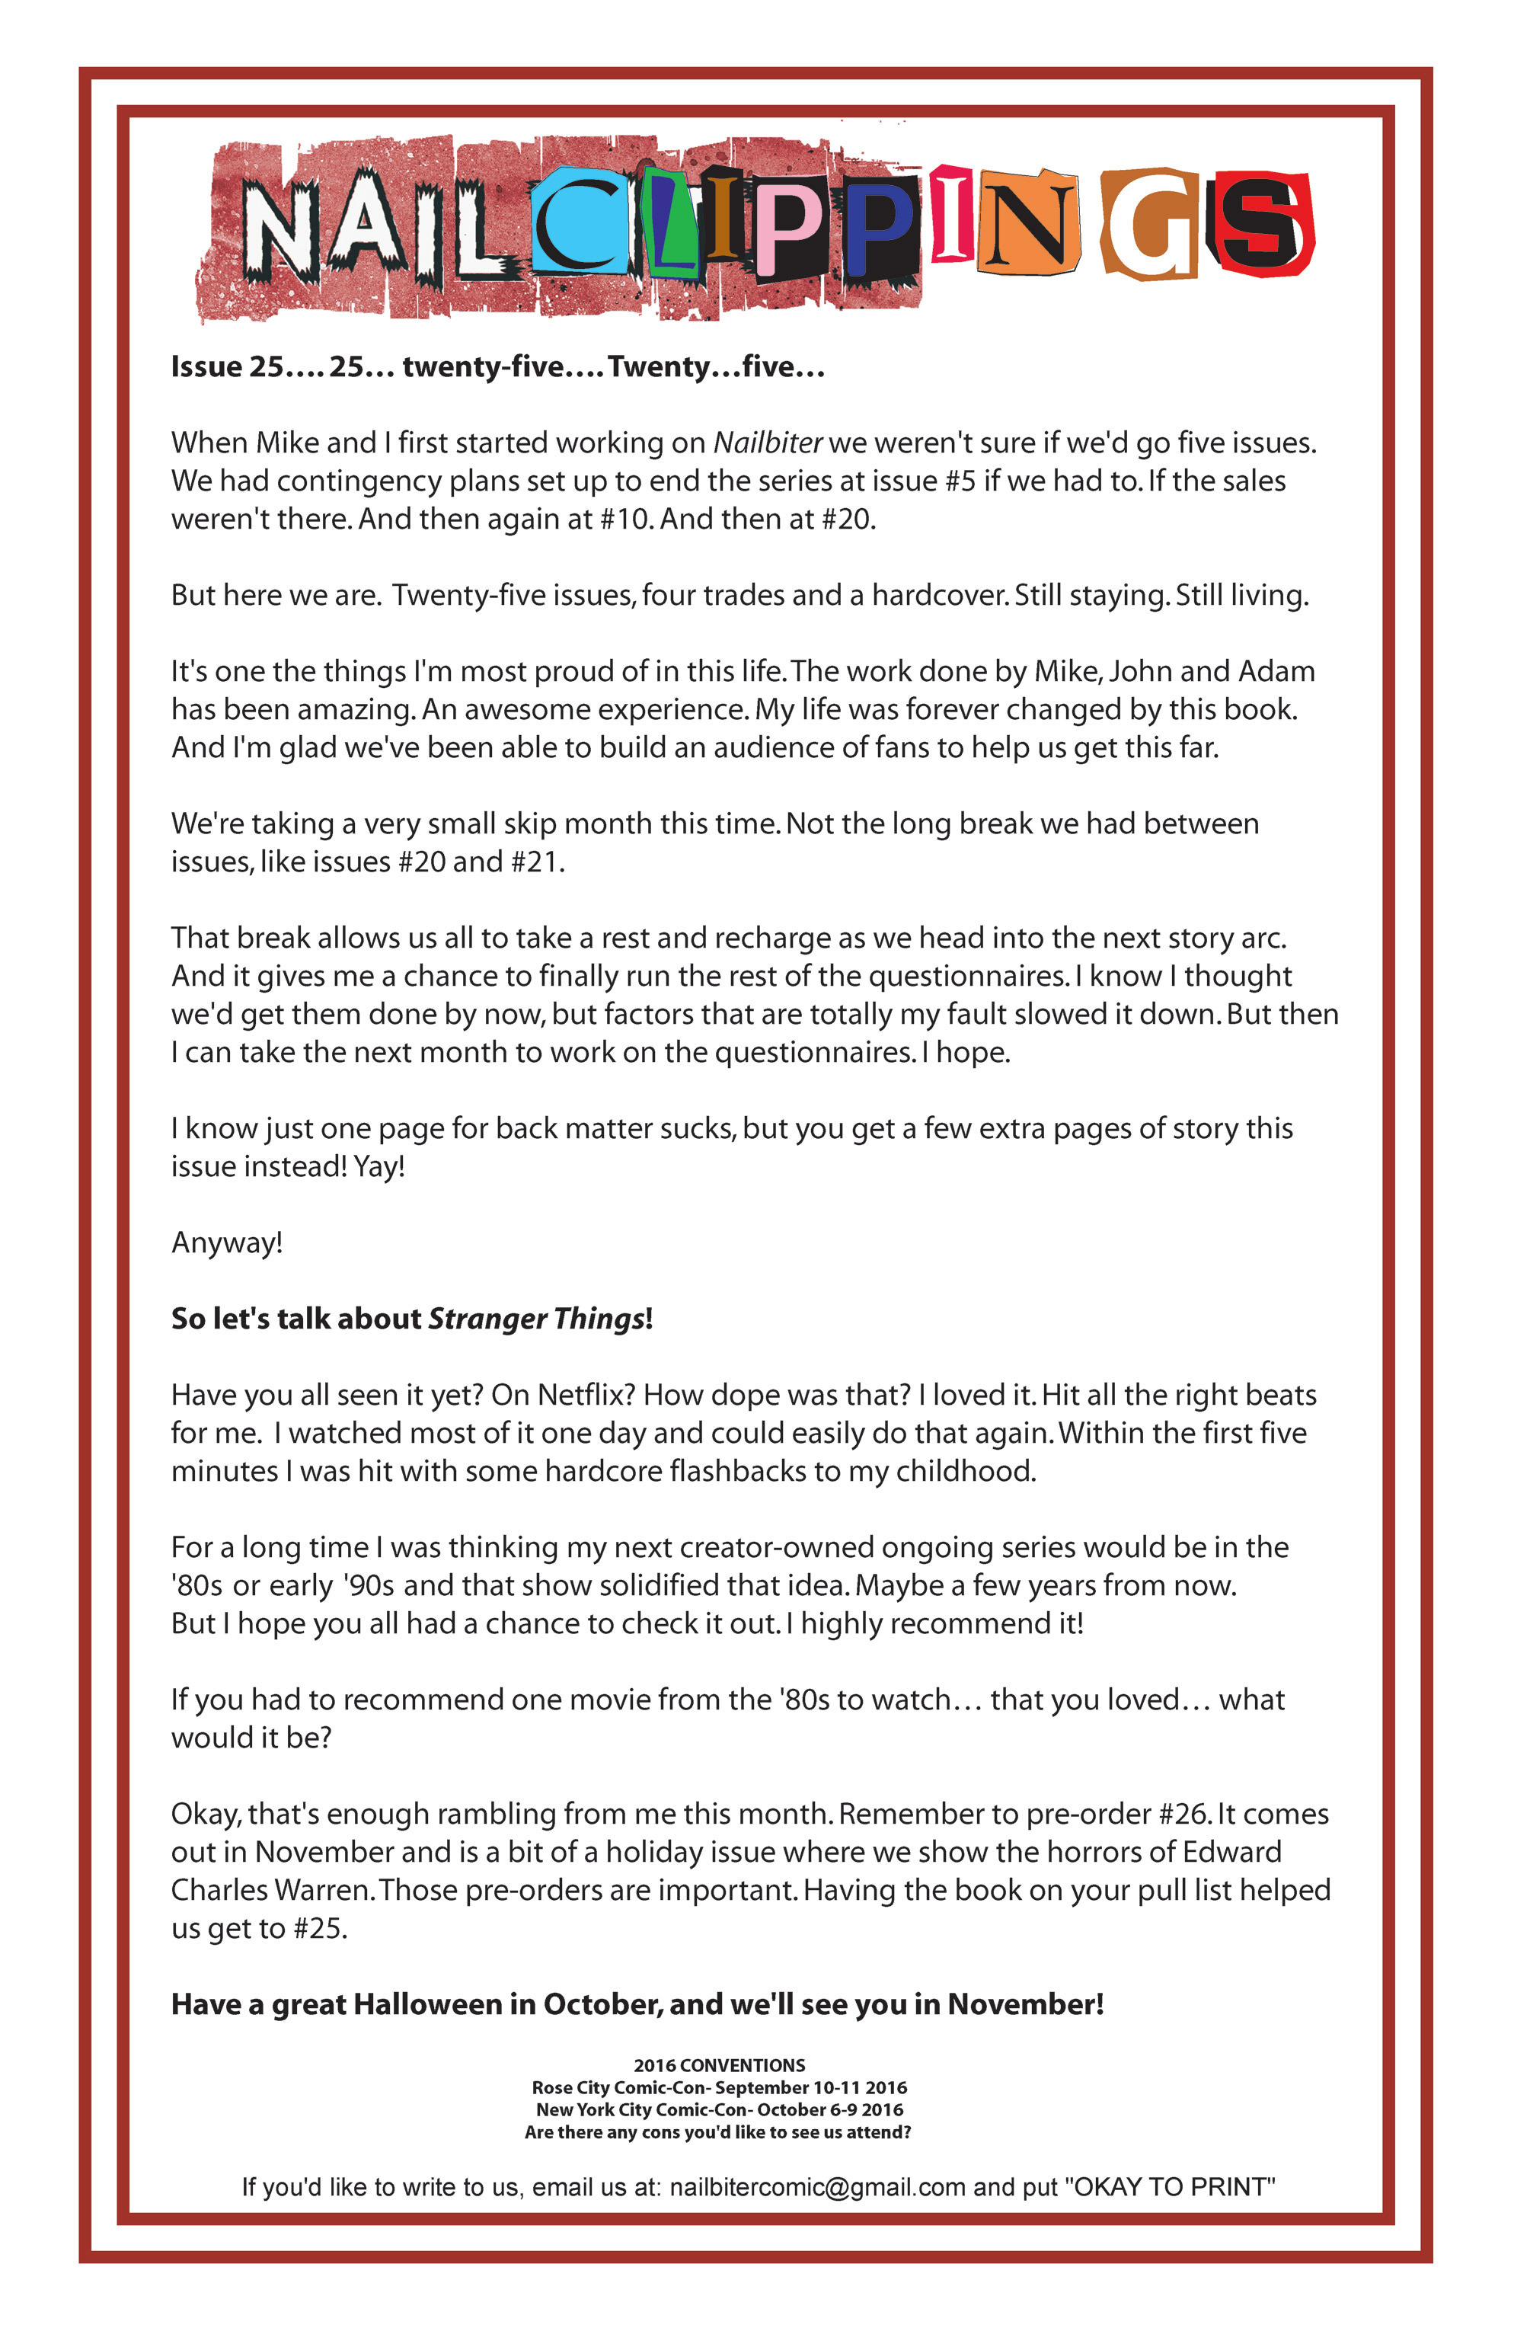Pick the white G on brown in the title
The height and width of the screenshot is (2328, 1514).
click(1150, 225)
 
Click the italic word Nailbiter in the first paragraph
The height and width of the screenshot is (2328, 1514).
click(768, 443)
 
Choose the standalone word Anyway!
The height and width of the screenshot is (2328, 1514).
click(227, 1243)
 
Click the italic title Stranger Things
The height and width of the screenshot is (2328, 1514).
click(537, 1319)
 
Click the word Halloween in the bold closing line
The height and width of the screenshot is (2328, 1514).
click(426, 2005)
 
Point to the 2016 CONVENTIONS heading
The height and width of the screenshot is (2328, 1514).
click(719, 2066)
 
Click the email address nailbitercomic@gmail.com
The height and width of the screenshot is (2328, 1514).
click(818, 2187)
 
